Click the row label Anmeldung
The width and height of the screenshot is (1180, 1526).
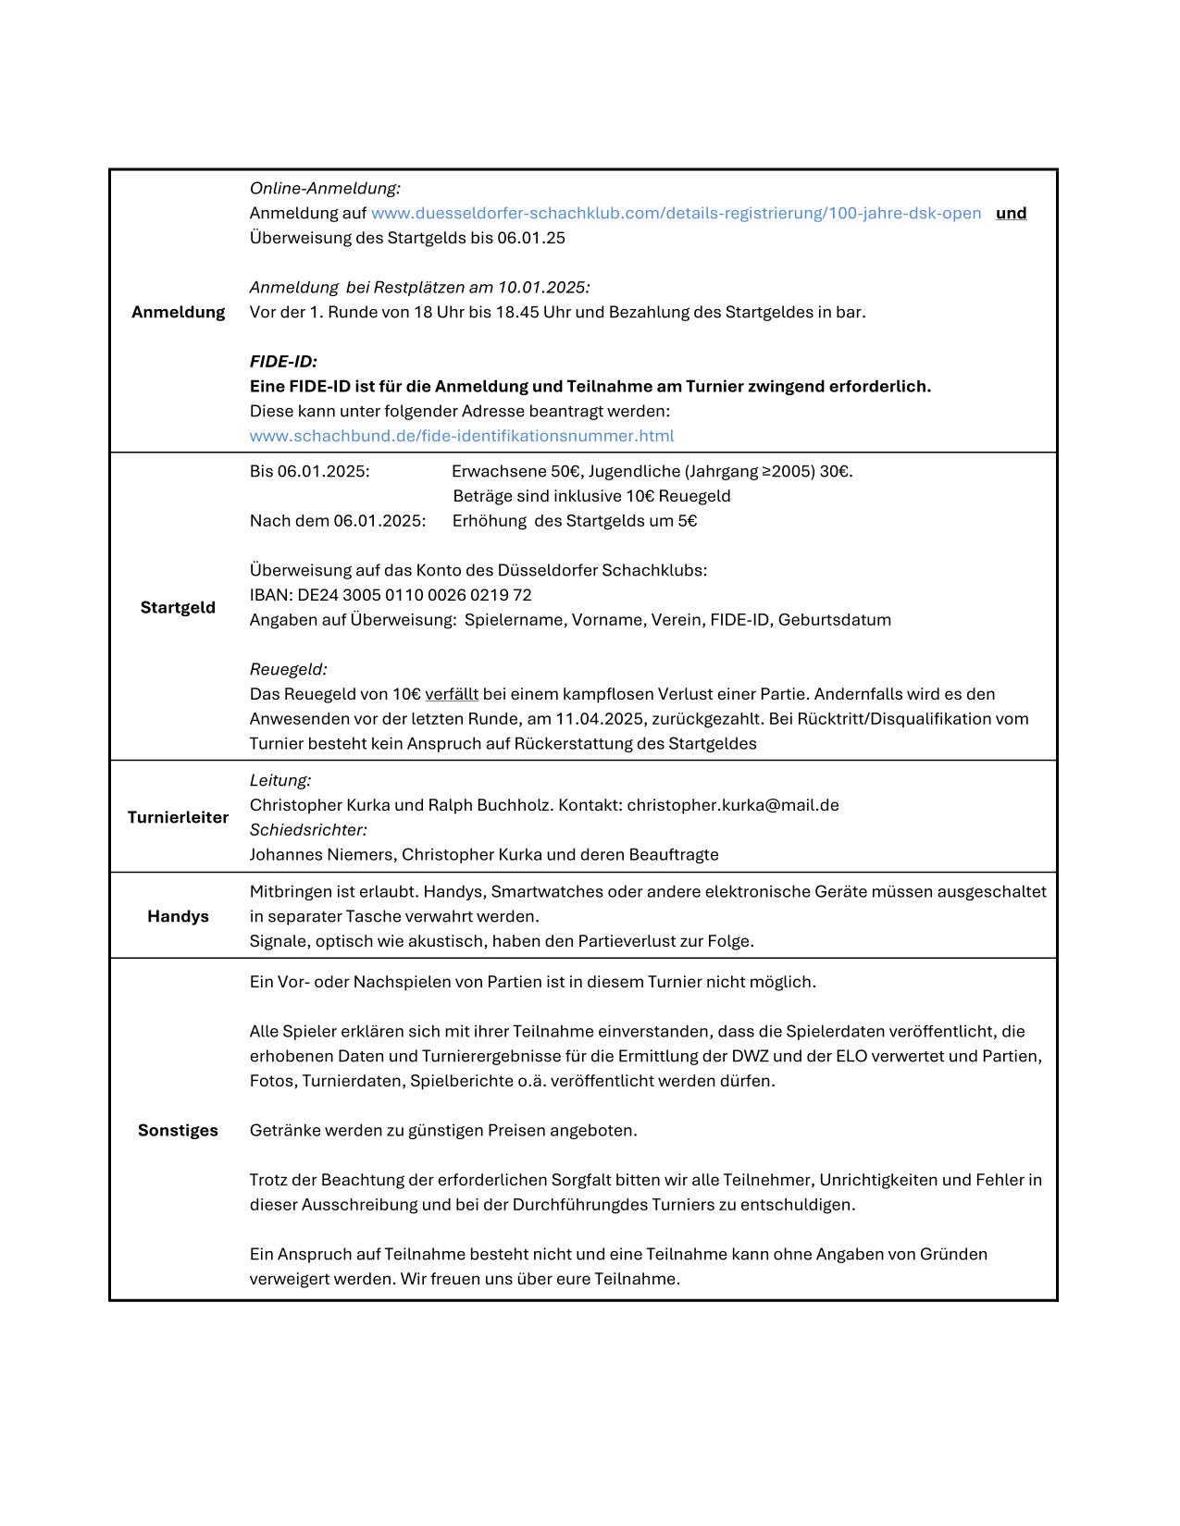click(178, 312)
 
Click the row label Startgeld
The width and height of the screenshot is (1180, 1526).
click(178, 607)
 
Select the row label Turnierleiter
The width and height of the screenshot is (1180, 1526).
click(178, 817)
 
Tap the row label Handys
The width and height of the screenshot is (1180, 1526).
click(178, 916)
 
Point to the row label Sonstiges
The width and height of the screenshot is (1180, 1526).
click(178, 1130)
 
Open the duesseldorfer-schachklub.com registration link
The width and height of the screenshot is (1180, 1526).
click(676, 213)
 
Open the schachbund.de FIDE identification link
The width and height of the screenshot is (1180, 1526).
click(462, 435)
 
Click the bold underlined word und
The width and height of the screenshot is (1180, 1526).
click(1011, 213)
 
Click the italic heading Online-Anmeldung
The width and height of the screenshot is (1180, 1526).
click(325, 189)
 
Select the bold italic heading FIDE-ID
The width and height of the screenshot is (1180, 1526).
click(283, 361)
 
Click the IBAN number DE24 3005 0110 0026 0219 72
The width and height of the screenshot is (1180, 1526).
click(415, 595)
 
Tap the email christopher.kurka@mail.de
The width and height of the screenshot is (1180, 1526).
click(733, 805)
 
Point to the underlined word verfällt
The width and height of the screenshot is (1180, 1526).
click(452, 694)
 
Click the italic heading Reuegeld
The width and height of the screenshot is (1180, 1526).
click(288, 669)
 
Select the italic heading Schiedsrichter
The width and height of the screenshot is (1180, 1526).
click(308, 830)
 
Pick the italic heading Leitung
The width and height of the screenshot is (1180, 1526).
click(280, 780)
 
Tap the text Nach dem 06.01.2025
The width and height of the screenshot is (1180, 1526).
click(338, 521)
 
